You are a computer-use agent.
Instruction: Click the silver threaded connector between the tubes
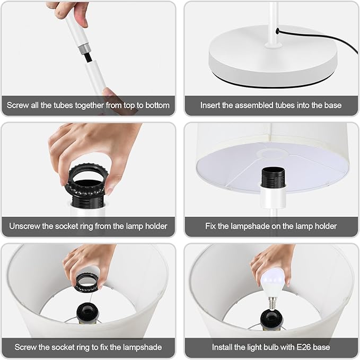coord(84,50)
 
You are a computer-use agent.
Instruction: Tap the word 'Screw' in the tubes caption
coord(17,106)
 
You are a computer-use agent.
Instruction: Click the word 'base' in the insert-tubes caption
coord(333,106)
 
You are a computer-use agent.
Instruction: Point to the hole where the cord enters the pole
coord(278,31)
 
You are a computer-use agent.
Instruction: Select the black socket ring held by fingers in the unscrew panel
coord(86,180)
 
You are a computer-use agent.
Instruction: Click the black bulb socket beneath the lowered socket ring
coord(88,312)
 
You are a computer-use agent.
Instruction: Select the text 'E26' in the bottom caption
coord(304,347)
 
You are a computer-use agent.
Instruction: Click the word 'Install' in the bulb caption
coord(222,347)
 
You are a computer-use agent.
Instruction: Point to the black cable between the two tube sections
coord(88,58)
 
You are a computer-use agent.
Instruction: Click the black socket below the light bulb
coord(272,319)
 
